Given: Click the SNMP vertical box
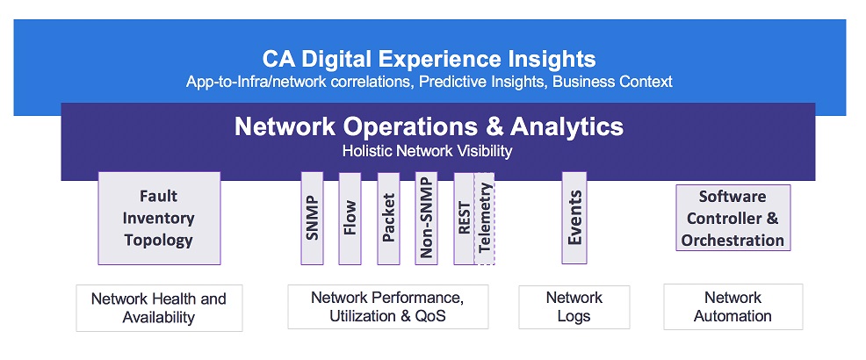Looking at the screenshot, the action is (312, 218).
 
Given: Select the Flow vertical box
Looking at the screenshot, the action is (350, 218).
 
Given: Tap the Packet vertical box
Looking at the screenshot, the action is (388, 218).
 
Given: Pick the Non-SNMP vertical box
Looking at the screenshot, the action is (426, 218).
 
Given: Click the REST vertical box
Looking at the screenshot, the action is (464, 218).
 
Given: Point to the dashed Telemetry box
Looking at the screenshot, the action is (484, 218).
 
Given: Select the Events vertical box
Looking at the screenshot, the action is (574, 218).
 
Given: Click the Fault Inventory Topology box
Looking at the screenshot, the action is (159, 218).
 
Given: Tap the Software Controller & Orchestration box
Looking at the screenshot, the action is (732, 218).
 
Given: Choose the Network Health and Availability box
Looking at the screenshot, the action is (159, 307).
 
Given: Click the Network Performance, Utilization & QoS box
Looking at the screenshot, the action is (387, 306).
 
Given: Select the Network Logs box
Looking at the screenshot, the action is (574, 307).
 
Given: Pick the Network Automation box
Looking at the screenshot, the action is (732, 306).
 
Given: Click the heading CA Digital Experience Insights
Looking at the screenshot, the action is (429, 59).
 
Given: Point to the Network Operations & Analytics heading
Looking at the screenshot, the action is (429, 127).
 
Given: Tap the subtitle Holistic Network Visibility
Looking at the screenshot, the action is (428, 151).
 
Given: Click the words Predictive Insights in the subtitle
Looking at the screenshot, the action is (483, 82).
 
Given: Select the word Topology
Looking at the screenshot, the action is (158, 241).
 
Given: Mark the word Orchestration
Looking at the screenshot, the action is (732, 241).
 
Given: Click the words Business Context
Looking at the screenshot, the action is (612, 82).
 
